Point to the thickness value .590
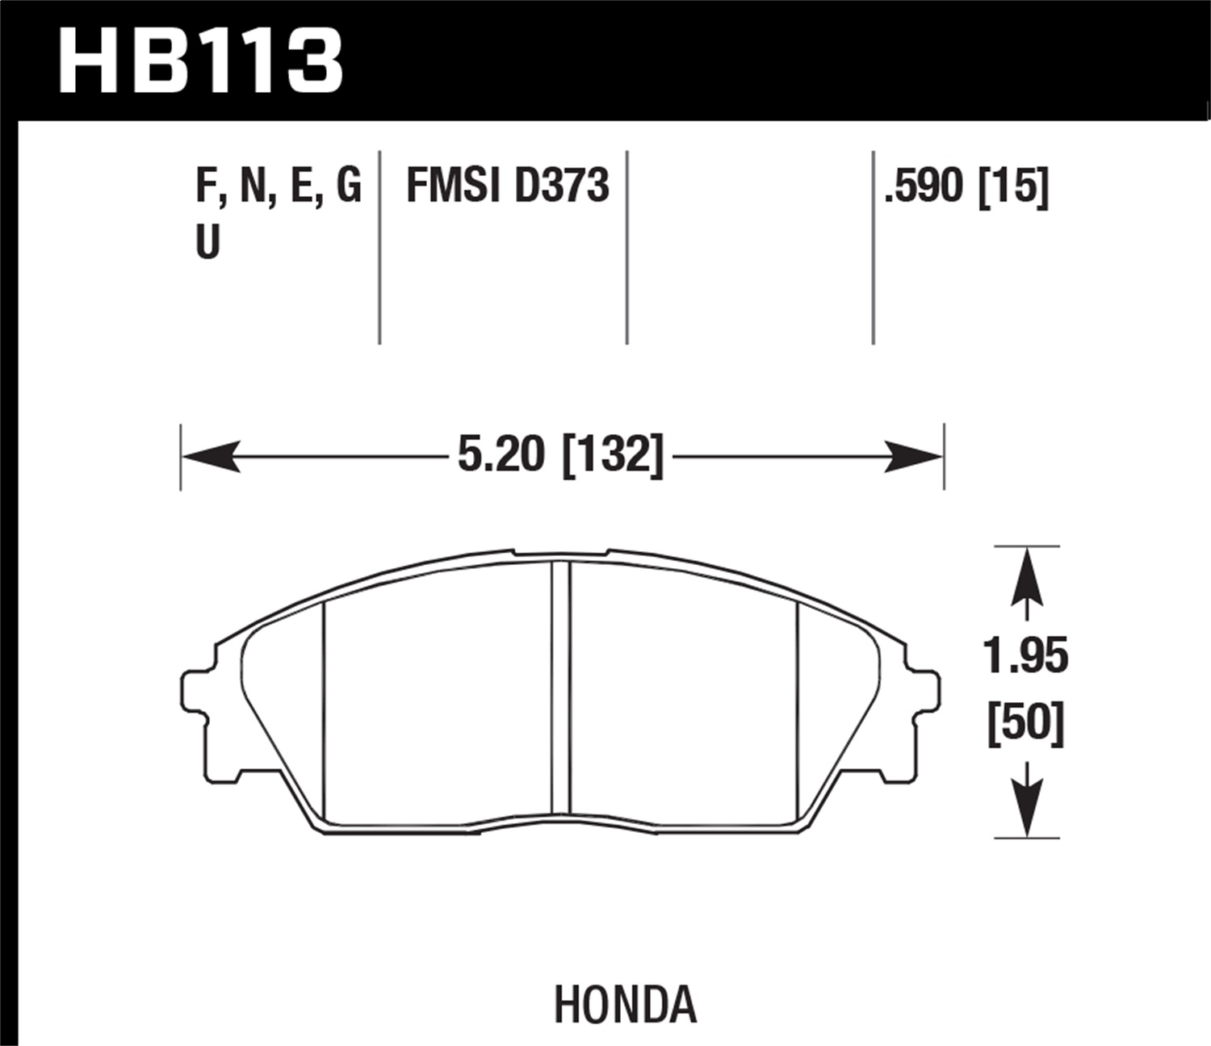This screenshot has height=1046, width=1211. coord(924,187)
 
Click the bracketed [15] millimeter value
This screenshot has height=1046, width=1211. coord(1013,187)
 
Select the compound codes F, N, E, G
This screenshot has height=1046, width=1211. coord(278,186)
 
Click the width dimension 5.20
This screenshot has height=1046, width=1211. coord(501,454)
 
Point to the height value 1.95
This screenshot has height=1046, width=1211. coord(1025,655)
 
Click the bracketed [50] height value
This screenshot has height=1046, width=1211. coord(1026,722)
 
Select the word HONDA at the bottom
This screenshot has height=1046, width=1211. coord(625,1005)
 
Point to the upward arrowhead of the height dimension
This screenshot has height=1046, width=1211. coord(1026,575)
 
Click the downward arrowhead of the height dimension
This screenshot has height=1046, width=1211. coord(1026,810)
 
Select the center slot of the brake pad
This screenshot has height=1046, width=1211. coord(561,686)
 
